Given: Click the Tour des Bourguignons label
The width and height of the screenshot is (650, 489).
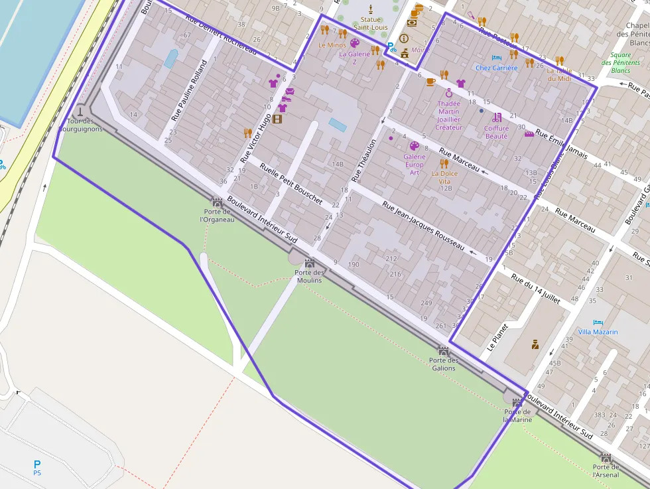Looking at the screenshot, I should coord(80,125).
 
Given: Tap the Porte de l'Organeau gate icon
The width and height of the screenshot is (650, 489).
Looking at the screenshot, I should coord(217,202).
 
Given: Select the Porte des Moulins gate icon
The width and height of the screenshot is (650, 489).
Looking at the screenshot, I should coord(309,263).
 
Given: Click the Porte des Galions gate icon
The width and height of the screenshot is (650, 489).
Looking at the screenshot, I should coord(444,350).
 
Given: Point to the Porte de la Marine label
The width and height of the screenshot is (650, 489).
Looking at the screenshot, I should coord(517,415).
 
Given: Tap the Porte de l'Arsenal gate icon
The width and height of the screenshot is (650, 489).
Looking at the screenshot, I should coord(606,458).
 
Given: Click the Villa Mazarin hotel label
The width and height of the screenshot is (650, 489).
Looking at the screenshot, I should coord(598,332).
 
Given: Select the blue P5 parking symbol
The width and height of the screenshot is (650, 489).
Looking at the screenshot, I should coord(37,464).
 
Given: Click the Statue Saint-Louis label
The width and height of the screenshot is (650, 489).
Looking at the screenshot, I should coord(371,23).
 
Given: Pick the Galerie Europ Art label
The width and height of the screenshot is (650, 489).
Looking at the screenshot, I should coord(414,165).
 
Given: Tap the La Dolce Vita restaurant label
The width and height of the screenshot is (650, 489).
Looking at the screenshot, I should coord(444,177).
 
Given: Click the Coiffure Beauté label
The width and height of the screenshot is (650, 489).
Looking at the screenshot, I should coord(496,132).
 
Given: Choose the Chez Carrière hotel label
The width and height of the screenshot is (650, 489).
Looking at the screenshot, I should coord(496,68).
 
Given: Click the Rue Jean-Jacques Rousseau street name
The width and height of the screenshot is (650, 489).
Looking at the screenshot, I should coord(422,226).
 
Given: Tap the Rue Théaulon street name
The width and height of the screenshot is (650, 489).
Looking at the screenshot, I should coord(363,161).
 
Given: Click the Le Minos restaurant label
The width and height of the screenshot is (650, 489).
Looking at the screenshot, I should coord(332,45).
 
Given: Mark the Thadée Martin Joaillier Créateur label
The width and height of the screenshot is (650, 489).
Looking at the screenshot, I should coord(449,115).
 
